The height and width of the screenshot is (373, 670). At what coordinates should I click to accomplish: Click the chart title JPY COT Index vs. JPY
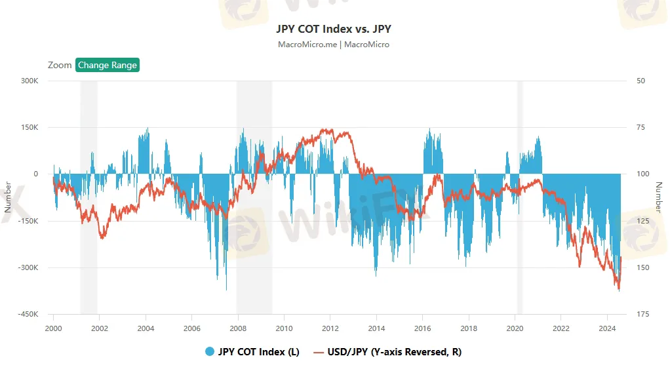(334, 29)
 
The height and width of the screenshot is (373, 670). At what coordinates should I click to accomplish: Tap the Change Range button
(108, 65)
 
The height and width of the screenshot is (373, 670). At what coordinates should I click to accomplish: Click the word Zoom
(60, 65)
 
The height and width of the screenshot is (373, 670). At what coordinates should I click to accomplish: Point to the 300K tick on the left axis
(28, 81)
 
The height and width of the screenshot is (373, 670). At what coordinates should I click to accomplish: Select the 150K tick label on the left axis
(28, 127)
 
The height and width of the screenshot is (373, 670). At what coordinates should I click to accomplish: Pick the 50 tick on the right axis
(640, 81)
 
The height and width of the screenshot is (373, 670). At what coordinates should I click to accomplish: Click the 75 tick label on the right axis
(640, 127)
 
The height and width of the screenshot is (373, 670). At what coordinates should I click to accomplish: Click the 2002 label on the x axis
(99, 328)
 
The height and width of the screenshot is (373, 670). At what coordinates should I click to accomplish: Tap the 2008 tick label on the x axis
(238, 328)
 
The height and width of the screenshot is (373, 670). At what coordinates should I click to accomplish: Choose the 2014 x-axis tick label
(376, 328)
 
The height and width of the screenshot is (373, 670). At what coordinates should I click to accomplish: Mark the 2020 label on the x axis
(515, 328)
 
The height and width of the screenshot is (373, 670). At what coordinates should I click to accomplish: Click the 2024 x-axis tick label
(607, 328)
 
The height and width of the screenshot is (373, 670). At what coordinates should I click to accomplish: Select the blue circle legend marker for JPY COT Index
(210, 352)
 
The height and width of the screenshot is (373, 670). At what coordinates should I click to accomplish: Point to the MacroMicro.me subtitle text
(307, 45)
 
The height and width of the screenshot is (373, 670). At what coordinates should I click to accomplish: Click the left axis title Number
(8, 197)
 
